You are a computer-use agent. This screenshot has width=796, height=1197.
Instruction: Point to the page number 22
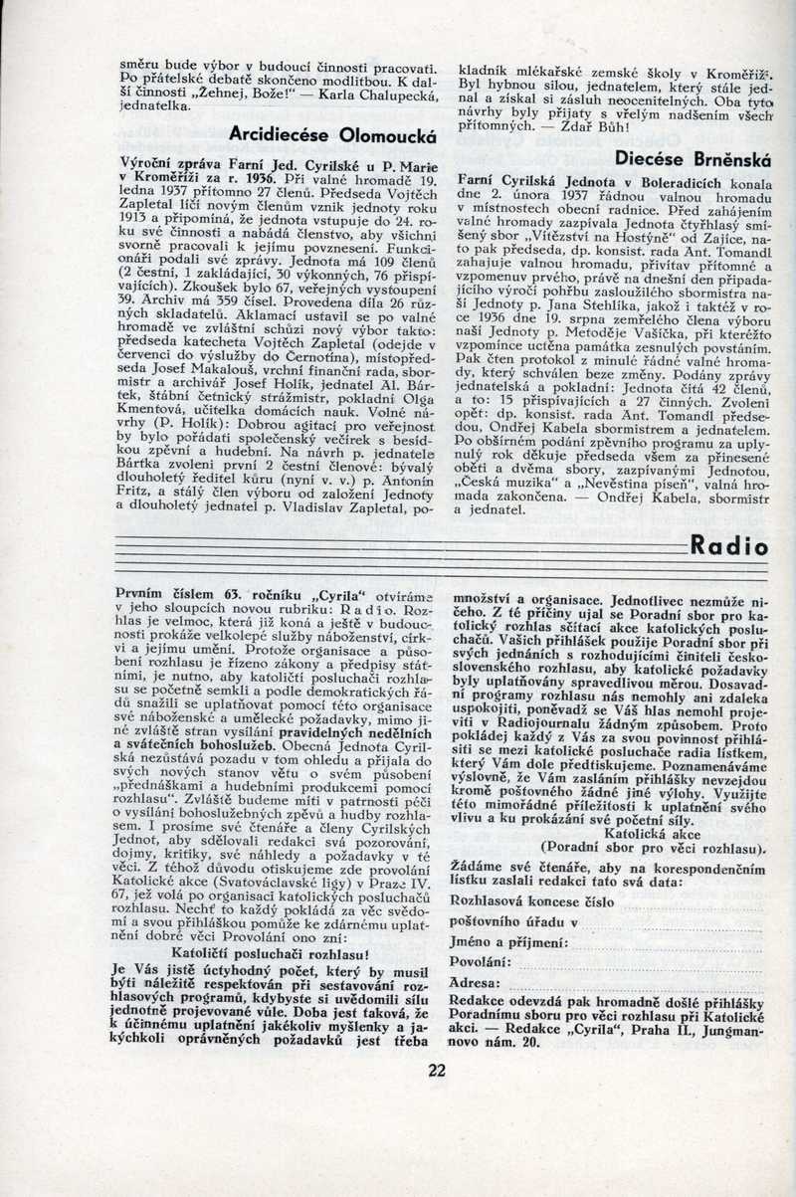[x=437, y=1071]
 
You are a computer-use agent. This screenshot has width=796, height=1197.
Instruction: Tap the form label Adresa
[x=475, y=983]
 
